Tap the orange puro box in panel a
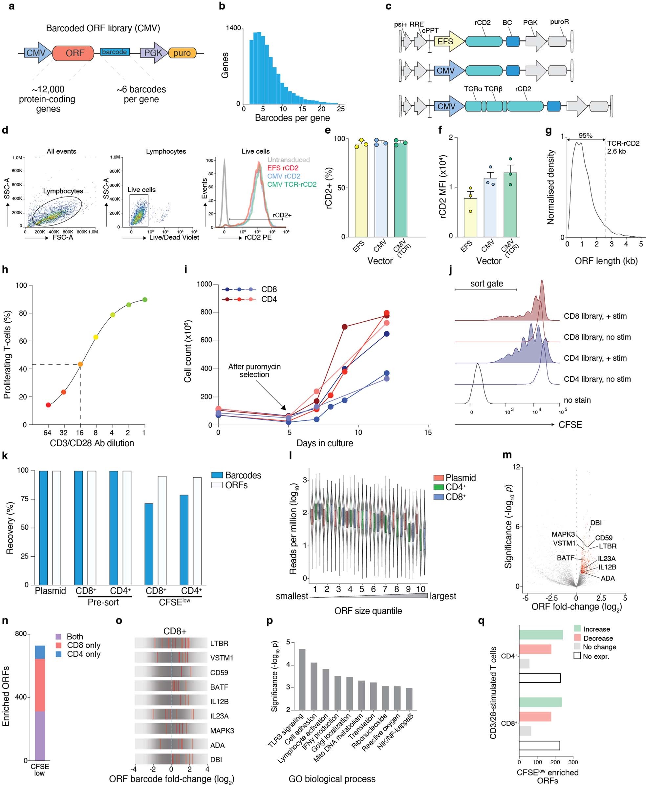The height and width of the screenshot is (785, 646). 182,53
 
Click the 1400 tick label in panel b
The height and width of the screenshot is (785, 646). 233,28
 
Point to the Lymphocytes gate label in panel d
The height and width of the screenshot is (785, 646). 63,191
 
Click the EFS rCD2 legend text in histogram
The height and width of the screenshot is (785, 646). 283,168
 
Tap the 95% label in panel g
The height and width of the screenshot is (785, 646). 585,136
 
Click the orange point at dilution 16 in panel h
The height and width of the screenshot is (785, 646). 80,364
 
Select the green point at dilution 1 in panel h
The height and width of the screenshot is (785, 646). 145,300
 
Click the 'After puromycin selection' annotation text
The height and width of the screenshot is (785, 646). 254,371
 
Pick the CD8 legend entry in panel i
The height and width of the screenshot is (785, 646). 269,289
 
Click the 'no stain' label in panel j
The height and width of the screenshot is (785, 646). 577,400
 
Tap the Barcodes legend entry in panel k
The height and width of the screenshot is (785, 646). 243,476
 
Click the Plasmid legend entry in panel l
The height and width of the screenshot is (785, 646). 461,478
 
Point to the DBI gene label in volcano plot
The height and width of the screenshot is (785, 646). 596,523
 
